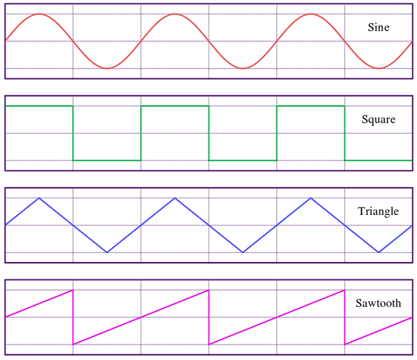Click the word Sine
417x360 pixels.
tap(379, 27)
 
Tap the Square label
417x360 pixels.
tap(379, 119)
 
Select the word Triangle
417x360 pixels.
tap(379, 212)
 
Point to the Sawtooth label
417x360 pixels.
tap(379, 303)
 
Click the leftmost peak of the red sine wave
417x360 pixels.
tap(39, 14)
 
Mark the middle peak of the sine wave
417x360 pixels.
tap(175, 14)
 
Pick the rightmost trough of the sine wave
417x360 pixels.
tap(379, 69)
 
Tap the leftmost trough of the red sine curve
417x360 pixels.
tap(107, 69)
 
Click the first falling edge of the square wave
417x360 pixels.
tap(73, 133)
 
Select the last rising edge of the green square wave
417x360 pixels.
tap(277, 133)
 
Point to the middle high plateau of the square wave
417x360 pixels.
tap(175, 106)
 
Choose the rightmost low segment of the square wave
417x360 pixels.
tap(379, 160)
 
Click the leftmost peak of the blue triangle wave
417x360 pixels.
tap(39, 198)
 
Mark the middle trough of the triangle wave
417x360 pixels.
tap(243, 252)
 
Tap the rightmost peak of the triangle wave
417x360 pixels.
tap(311, 198)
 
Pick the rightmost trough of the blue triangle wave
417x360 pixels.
tap(379, 252)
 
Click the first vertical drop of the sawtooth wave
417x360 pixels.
tap(73, 317)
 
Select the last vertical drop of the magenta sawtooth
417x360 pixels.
tap(345, 317)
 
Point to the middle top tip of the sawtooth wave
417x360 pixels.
tap(208, 290)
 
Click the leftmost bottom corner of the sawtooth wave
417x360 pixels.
tap(73, 345)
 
